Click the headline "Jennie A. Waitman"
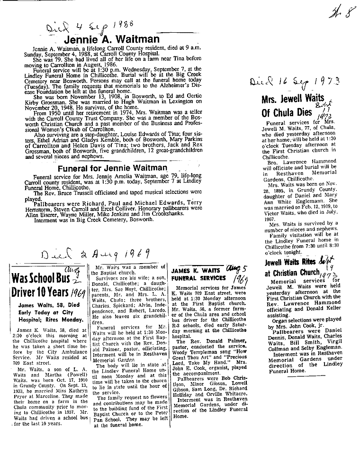111,39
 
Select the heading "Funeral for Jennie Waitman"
112,168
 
